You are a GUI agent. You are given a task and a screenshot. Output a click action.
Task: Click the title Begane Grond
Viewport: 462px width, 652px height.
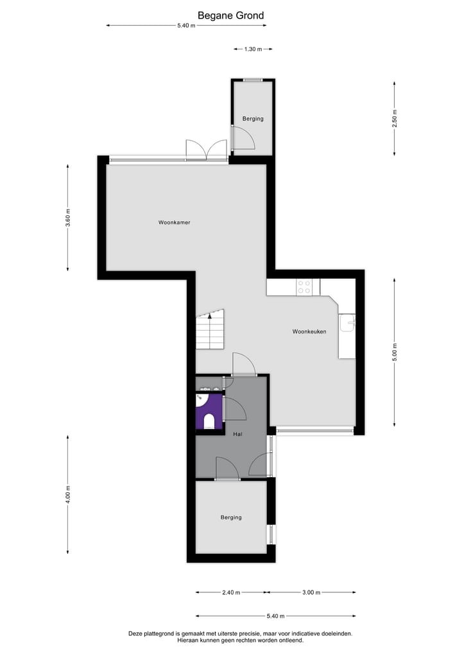click(x=230, y=15)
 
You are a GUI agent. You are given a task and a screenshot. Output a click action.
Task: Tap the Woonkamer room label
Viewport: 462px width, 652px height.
click(x=175, y=222)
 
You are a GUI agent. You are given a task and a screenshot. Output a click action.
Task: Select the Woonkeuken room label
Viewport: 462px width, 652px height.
click(x=309, y=331)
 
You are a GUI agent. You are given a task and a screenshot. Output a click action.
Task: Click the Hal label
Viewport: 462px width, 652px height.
click(x=238, y=434)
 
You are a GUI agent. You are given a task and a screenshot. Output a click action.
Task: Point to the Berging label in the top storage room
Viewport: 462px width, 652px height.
click(x=253, y=119)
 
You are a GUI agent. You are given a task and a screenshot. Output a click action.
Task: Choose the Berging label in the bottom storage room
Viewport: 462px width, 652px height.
click(x=231, y=517)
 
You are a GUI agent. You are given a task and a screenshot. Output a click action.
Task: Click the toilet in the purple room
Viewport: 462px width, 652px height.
click(x=209, y=421)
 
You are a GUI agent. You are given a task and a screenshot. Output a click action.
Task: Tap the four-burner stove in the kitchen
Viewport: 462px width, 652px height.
click(x=304, y=287)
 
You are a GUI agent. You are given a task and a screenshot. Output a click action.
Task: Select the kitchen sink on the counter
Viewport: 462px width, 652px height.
click(x=347, y=322)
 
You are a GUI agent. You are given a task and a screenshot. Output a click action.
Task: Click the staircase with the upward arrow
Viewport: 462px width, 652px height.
click(x=210, y=330)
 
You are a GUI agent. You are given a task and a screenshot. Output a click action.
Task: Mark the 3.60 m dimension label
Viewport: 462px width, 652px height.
click(x=68, y=218)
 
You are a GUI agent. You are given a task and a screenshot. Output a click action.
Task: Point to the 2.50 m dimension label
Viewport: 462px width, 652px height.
click(x=395, y=119)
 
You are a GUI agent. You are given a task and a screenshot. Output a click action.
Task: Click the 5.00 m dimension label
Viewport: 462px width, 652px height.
click(x=395, y=352)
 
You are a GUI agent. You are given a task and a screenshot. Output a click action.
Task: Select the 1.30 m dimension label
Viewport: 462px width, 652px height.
click(x=253, y=49)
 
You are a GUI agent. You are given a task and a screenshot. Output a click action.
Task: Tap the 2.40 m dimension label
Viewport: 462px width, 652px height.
click(x=230, y=592)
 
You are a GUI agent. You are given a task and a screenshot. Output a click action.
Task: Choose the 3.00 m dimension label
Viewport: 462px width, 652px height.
click(x=311, y=592)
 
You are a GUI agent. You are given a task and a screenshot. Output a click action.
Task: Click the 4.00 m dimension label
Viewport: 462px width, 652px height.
click(x=68, y=494)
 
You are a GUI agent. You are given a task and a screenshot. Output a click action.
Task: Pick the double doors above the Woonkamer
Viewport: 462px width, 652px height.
click(x=206, y=150)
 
